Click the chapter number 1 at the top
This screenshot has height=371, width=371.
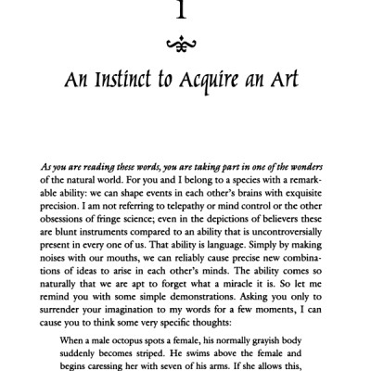185,8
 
